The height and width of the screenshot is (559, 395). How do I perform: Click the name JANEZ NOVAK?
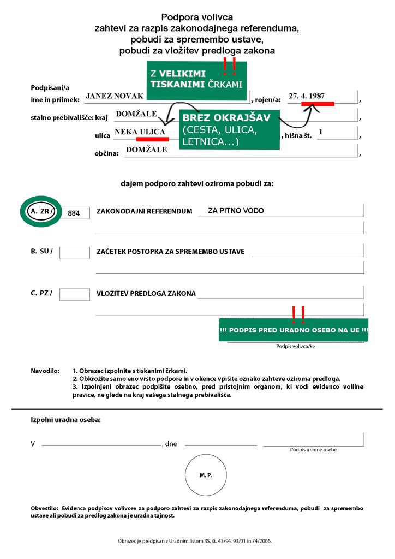click(115, 96)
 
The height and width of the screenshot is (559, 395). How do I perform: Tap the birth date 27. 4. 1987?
click(307, 96)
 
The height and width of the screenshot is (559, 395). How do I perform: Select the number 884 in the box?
click(74, 213)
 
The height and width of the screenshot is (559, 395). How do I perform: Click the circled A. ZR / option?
click(41, 211)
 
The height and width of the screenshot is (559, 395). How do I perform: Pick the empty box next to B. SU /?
click(74, 252)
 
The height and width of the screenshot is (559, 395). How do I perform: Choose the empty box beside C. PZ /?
click(74, 294)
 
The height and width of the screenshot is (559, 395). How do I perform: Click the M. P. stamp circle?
click(206, 475)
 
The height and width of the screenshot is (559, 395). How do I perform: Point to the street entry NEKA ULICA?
click(140, 132)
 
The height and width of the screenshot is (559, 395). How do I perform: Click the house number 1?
click(321, 132)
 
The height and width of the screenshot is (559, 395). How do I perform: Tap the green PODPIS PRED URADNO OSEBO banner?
click(294, 330)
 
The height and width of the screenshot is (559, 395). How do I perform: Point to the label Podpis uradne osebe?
click(313, 450)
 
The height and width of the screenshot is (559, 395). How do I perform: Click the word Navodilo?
click(45, 371)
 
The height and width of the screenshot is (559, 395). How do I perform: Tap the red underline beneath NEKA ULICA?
click(152, 139)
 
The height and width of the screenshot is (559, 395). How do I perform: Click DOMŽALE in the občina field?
click(146, 150)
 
